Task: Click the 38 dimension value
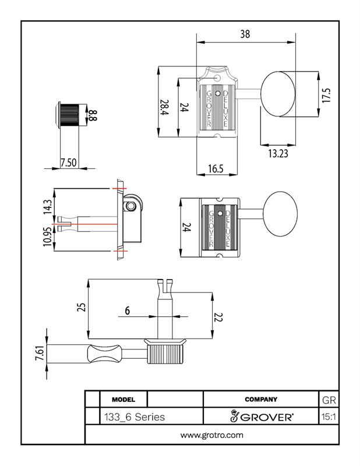(245, 34)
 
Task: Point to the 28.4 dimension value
(164, 108)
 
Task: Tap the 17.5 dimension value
(326, 95)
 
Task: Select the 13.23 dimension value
(278, 153)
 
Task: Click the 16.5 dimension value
(216, 169)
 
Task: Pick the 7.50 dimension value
(68, 163)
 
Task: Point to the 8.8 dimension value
(93, 115)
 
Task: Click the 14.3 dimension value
(48, 207)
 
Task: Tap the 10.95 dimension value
(48, 237)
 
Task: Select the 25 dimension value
(81, 307)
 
